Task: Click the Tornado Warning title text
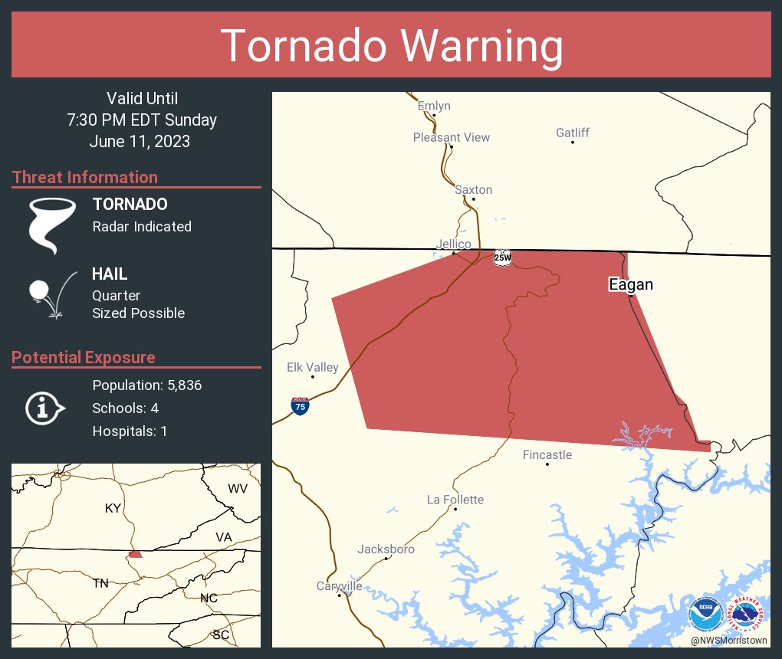[x=391, y=46]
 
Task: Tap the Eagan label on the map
[x=630, y=284]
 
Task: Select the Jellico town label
[x=453, y=244]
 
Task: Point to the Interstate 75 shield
[x=301, y=406]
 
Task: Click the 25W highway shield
[x=502, y=257]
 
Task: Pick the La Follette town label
[x=455, y=500]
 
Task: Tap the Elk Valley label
[x=312, y=367]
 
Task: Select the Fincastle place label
[x=547, y=454]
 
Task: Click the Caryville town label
[x=339, y=586]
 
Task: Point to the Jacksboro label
[x=386, y=549]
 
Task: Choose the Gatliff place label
[x=573, y=133]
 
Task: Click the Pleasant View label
[x=451, y=137]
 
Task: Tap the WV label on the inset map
[x=238, y=489]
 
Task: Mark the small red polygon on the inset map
[x=135, y=553]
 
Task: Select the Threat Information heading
[x=85, y=177]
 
